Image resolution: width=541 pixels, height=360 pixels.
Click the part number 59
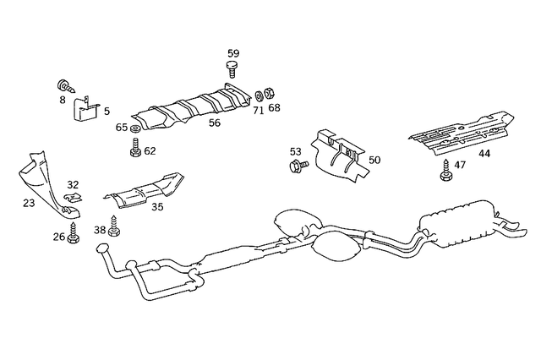tap(233, 52)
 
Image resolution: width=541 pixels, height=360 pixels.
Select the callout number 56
tap(215, 123)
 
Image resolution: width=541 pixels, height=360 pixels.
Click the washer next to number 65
tap(135, 128)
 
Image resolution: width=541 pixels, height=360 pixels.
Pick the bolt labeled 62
tap(135, 150)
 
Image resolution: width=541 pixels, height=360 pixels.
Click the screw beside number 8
tap(64, 85)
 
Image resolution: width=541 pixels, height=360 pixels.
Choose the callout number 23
tap(29, 203)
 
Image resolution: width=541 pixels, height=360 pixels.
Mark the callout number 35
tap(157, 206)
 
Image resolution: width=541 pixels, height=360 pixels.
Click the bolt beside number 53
tap(296, 167)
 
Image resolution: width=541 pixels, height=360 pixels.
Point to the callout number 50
tap(374, 160)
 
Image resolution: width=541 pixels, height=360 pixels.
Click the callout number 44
tap(484, 154)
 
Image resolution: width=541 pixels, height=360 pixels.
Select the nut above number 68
tap(262, 93)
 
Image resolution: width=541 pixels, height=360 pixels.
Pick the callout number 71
tap(258, 110)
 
